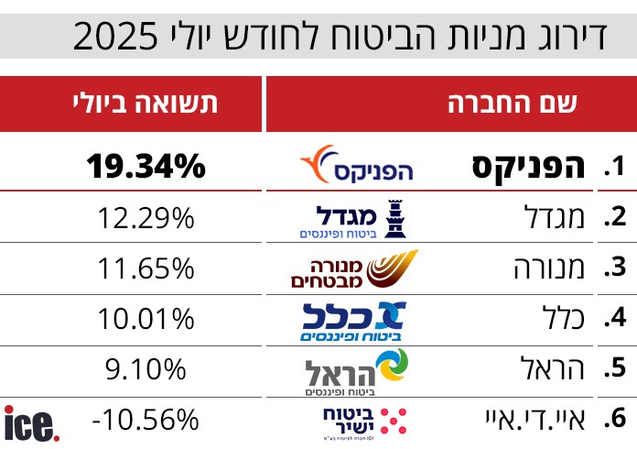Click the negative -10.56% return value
coord(146,420)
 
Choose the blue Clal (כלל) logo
coord(353,320)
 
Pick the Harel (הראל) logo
coord(357,371)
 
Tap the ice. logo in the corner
coord(33,423)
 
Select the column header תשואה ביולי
coord(146,103)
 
